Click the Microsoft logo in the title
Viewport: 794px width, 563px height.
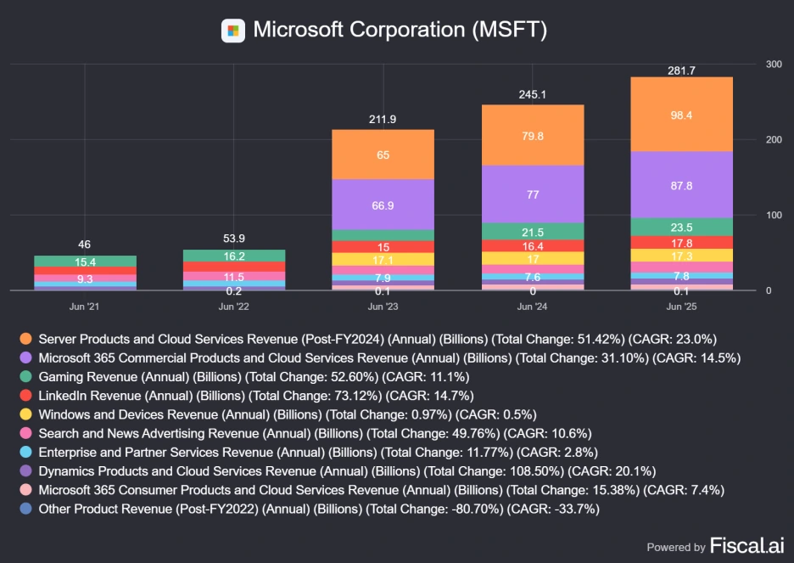[233, 31]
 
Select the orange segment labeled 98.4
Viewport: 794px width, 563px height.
[681, 115]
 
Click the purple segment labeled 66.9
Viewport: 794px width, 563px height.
[383, 205]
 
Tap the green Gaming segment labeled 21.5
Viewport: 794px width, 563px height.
[532, 232]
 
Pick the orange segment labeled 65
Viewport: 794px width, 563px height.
[383, 155]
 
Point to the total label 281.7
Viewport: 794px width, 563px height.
[681, 70]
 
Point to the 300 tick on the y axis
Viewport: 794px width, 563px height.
[774, 65]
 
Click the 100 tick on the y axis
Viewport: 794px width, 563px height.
[774, 216]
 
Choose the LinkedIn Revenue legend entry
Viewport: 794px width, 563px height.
[255, 396]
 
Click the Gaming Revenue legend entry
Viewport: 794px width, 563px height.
[254, 377]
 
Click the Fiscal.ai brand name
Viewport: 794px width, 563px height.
[746, 544]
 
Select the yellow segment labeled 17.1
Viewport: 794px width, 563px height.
[383, 259]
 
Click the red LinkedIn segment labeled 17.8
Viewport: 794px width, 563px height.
[681, 242]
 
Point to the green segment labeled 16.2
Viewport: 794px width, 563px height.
[232, 256]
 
